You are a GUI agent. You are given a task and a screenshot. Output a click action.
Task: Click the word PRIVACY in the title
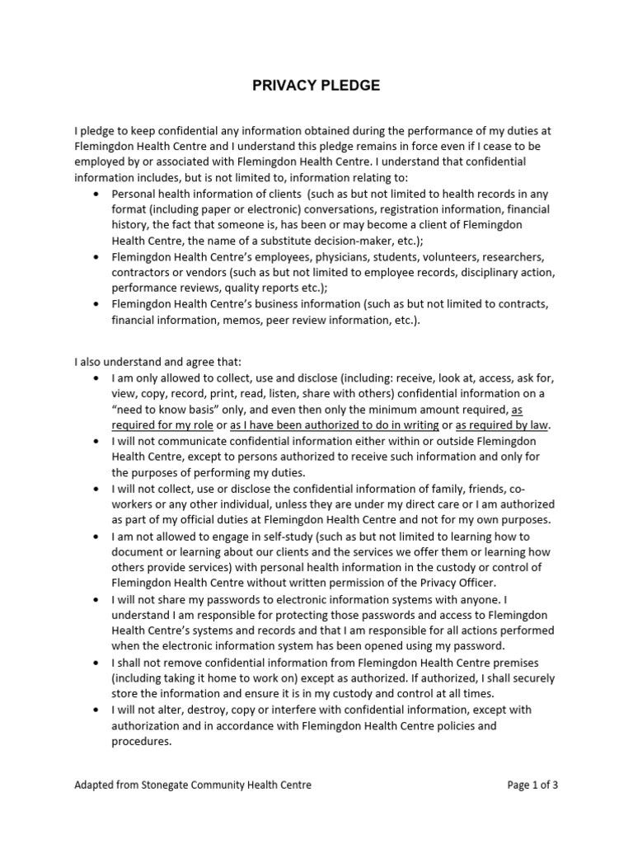click(282, 86)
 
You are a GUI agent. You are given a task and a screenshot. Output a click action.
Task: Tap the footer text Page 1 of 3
click(532, 785)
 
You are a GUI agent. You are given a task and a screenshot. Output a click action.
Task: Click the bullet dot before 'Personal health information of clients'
click(97, 194)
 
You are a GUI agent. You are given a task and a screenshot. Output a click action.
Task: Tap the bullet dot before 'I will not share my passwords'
click(97, 599)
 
